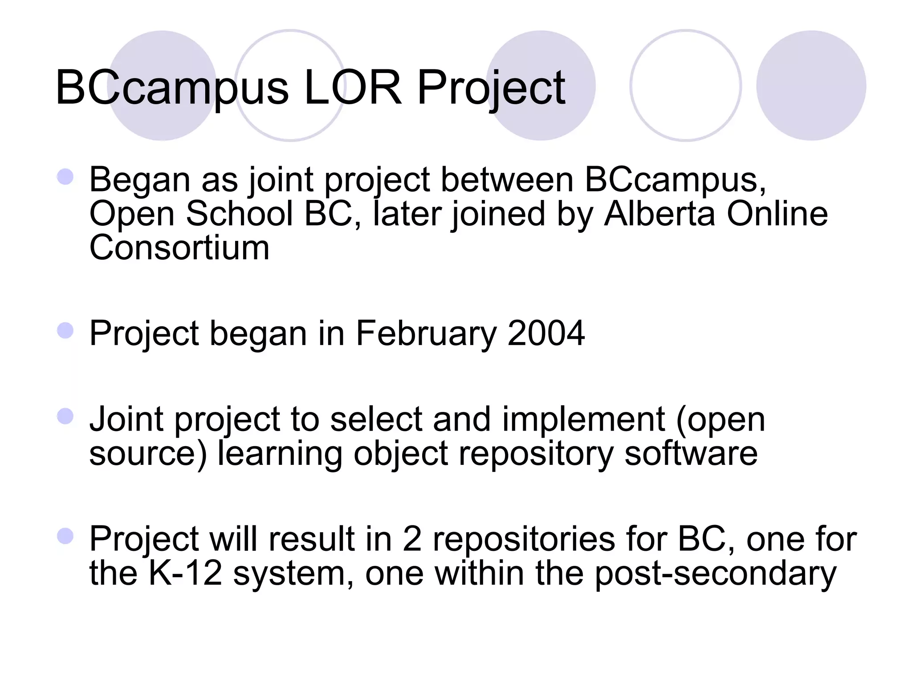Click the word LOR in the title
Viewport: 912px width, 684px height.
(352, 88)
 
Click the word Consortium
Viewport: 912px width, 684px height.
(179, 248)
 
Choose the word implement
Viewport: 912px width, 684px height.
(583, 419)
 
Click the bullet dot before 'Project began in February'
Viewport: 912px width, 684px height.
(65, 330)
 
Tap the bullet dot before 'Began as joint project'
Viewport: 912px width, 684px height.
(65, 177)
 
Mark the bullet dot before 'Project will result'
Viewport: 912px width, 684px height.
(65, 536)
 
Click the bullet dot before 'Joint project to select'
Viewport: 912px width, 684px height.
(65, 416)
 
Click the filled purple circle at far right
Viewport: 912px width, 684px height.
(811, 85)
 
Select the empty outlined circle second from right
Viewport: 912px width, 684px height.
(685, 85)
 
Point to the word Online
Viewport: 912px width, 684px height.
(777, 213)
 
